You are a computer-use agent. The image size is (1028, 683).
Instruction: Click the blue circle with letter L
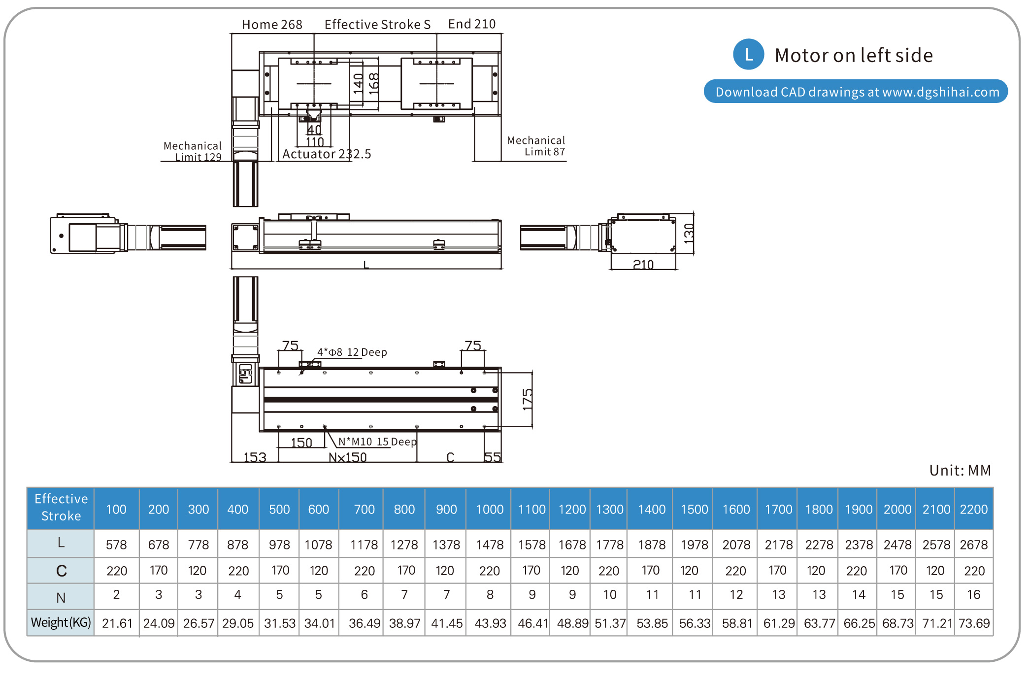748,54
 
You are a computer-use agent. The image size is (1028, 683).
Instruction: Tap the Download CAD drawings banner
856,92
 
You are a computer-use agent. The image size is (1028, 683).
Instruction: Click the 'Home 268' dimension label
272,25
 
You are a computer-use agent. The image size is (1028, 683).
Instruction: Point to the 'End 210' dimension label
471,24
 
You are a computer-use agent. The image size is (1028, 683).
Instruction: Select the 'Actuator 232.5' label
327,154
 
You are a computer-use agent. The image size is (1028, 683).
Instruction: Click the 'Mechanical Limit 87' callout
536,146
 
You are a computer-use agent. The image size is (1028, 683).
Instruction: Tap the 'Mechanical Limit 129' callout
193,152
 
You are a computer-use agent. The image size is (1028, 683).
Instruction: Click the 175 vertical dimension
528,399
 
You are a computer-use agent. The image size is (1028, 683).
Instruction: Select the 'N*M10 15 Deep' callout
377,442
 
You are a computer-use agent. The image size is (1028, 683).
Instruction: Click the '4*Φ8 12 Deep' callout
352,352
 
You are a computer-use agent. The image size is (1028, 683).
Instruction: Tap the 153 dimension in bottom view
255,457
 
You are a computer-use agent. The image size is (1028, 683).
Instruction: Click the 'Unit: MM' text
960,471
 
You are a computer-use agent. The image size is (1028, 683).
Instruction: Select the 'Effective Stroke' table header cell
61,508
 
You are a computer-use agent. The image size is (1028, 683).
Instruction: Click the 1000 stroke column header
490,509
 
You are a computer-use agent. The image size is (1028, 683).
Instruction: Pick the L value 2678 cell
974,545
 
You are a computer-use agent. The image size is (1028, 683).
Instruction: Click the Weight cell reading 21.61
117,623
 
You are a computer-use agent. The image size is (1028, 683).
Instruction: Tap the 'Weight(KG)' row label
61,622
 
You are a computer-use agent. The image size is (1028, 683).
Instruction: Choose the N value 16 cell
974,595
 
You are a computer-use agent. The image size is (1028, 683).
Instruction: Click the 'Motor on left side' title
854,55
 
